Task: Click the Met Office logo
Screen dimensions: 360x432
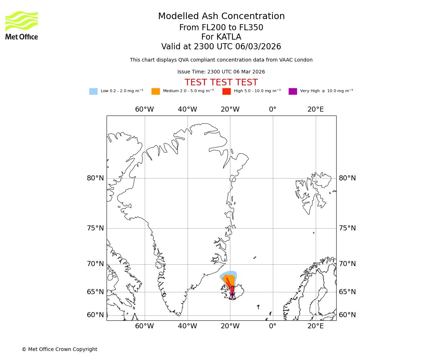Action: [x=22, y=25]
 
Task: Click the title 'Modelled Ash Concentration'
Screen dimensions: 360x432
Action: [x=221, y=17]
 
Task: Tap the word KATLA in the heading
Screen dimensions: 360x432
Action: [x=229, y=37]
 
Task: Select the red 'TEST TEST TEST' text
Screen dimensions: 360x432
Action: [x=221, y=83]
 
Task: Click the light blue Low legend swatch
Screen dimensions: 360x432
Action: [x=93, y=91]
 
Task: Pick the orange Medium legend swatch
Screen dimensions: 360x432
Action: [x=156, y=91]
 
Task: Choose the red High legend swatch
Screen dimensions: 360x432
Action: [x=226, y=91]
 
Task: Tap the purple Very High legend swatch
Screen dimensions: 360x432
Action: [x=293, y=91]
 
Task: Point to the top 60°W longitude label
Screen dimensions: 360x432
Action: [x=144, y=109]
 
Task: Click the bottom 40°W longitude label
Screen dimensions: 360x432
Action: [x=187, y=326]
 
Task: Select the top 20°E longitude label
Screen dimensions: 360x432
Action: [x=315, y=109]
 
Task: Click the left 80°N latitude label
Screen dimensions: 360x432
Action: [x=95, y=178]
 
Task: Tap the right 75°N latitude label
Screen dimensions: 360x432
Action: [x=347, y=228]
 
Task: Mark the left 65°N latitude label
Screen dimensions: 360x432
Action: [x=95, y=292]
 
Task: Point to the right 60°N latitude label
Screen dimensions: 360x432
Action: [x=347, y=315]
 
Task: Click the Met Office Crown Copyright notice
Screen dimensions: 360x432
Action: [x=59, y=349]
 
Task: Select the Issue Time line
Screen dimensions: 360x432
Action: [x=221, y=72]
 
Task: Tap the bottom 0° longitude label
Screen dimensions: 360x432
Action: [x=273, y=326]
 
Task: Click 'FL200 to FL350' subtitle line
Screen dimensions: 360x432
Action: [x=221, y=28]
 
